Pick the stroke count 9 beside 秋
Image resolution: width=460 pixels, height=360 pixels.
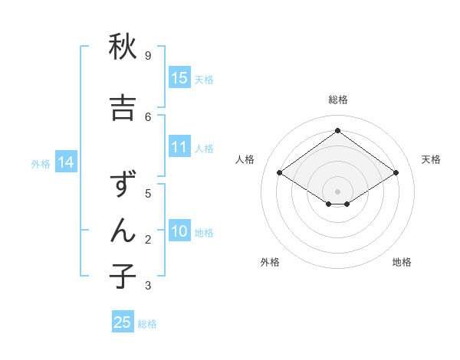[x=148, y=56]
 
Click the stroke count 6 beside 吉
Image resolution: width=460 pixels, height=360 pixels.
[x=148, y=116]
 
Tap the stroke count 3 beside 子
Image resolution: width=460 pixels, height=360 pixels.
[x=148, y=286]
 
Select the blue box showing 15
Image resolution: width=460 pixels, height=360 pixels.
[x=179, y=78]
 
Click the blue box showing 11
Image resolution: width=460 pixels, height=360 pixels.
[x=179, y=147]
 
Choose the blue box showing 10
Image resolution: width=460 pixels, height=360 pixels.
[x=179, y=231]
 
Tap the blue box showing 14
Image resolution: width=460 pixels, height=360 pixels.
[x=65, y=162]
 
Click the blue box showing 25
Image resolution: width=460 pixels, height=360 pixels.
[x=123, y=322]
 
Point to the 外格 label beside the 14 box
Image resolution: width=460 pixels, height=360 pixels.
[x=41, y=163]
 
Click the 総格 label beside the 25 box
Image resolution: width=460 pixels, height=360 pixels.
[x=147, y=324]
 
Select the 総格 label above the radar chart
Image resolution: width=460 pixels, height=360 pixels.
[x=337, y=100]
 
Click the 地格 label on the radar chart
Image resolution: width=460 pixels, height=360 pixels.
[x=402, y=262]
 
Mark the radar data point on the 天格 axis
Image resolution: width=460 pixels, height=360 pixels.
[x=396, y=173]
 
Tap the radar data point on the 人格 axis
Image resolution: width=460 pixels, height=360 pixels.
[x=280, y=173]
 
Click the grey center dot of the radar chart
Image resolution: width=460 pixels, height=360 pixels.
[x=337, y=191]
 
